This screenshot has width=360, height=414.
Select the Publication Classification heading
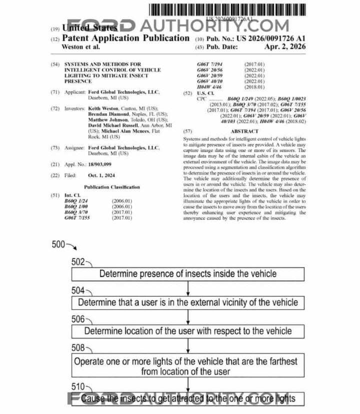tap(112, 187)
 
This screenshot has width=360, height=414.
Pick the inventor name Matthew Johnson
tap(106, 120)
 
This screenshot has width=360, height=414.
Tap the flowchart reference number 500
tap(58, 245)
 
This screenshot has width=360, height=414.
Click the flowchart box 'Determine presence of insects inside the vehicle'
tap(188, 274)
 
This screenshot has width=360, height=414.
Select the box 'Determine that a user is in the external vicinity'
tap(188, 303)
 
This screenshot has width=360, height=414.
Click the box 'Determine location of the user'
tap(188, 331)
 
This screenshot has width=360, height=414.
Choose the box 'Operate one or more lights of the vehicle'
tap(188, 366)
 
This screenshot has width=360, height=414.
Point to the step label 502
tap(78, 262)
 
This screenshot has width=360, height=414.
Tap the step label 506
tap(78, 319)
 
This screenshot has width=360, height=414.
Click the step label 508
tap(78, 348)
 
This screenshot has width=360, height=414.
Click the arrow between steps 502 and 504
tap(188, 288)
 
